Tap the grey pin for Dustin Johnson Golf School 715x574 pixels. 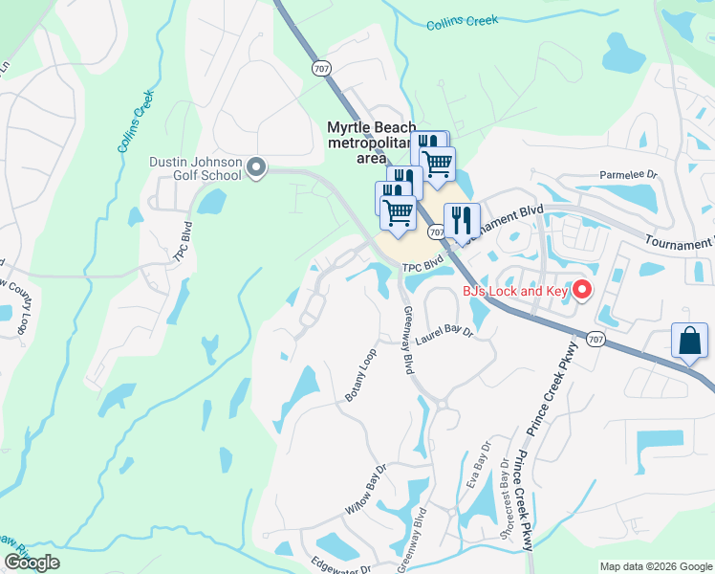pos(256,168)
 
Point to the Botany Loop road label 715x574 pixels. pos(361,375)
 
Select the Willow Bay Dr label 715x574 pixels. pos(364,490)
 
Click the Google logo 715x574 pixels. pos(32,563)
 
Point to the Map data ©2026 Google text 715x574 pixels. pos(656,566)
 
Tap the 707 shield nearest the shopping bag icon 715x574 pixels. pos(595,339)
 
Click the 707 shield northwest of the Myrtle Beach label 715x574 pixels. pos(319,67)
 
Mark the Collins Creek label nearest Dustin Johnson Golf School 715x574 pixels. pos(137,121)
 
